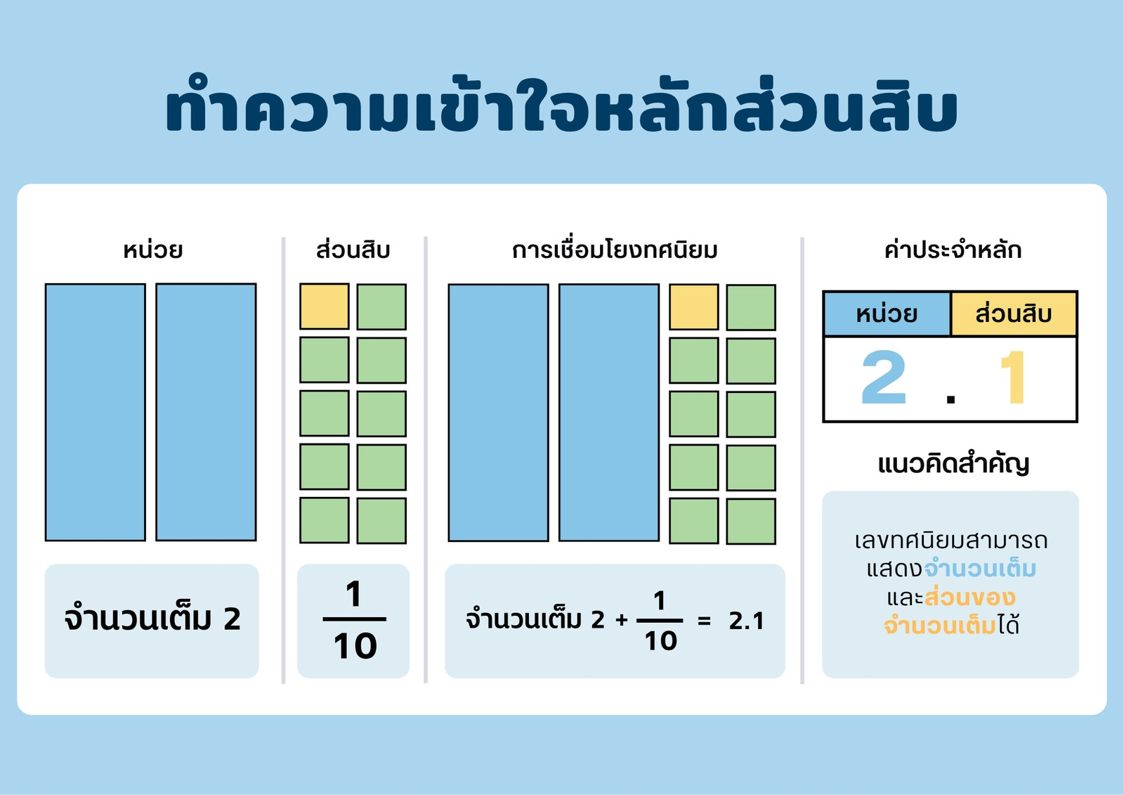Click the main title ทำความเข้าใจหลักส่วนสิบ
coord(561,105)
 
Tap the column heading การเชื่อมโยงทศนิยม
coord(615,250)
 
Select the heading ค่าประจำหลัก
coord(953,250)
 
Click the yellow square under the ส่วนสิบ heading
coord(324,306)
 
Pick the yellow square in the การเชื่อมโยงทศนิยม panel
coord(693,307)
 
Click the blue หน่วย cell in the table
coord(887,314)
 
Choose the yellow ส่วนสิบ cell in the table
coord(1014,314)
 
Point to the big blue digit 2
coord(884,377)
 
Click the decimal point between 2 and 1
coord(950,399)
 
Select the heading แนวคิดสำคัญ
coord(953,464)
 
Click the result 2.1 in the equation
coord(746,621)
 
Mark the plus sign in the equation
coord(622,620)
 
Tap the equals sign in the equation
coord(705,621)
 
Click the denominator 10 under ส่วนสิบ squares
coord(355,646)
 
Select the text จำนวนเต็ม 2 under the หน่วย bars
coord(152,619)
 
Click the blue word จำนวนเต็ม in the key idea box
coord(980,569)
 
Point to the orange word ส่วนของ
coord(970,597)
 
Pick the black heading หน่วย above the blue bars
coord(153,250)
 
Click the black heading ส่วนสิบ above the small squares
coord(353,250)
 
